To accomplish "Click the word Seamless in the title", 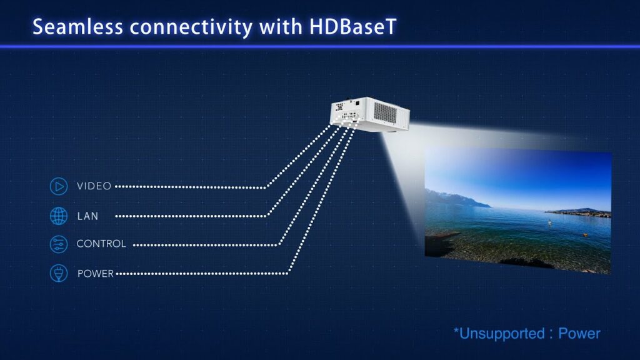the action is point(77,27).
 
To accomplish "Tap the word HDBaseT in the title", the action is point(352,27).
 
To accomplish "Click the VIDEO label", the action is point(94,186).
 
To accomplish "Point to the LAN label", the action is point(87,216).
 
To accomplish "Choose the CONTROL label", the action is point(101,244).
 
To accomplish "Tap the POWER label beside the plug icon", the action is point(96,274).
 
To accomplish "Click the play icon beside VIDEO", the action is point(59,186).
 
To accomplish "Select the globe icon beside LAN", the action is point(59,216).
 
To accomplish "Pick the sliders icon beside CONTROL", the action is point(59,244).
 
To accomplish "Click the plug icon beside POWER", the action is point(59,273).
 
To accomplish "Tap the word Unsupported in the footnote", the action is point(502,334).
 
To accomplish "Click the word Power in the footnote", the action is point(579,334).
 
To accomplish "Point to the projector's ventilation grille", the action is point(385,112).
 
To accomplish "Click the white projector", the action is point(369,115).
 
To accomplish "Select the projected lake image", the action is point(518,211).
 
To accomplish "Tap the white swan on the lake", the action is point(550,222).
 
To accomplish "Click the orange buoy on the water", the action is point(585,235).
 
